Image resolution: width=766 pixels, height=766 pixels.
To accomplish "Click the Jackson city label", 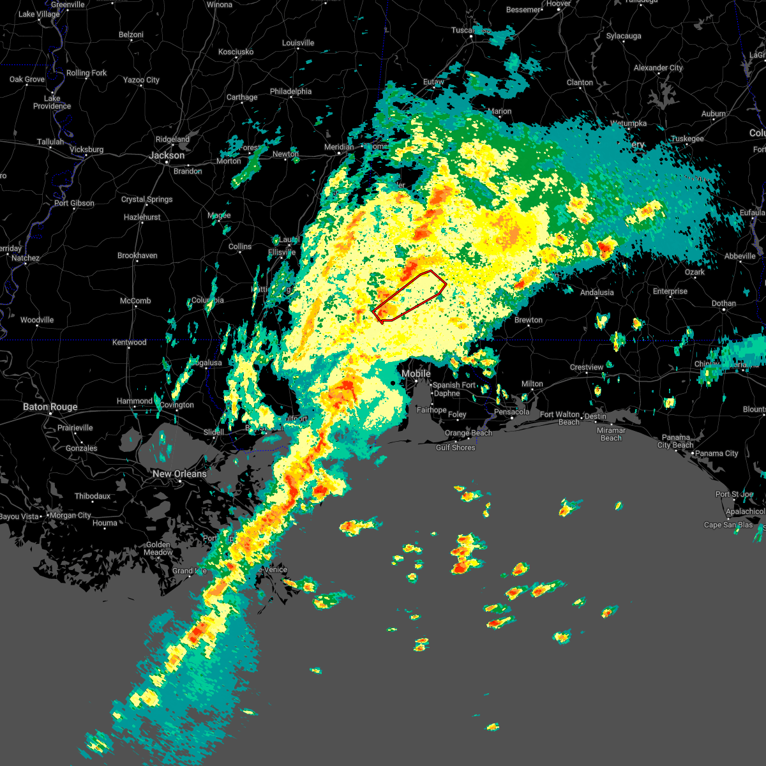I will tap(167, 156).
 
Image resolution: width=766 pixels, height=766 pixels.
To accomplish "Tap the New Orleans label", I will tap(179, 474).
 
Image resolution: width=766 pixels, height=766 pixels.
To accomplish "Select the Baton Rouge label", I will tap(50, 407).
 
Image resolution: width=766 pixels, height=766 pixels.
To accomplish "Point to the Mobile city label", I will tap(416, 373).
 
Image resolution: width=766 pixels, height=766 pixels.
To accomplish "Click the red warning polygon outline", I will tap(409, 295).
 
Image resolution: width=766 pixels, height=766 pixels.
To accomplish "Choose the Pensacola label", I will tap(511, 412).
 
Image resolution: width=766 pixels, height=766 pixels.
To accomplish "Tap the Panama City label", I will tap(717, 453).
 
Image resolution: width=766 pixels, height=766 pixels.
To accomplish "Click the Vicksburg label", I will tap(86, 149).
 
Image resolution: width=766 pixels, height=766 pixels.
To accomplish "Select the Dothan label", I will tap(724, 303).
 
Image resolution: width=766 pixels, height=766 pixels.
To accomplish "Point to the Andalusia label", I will tap(597, 292).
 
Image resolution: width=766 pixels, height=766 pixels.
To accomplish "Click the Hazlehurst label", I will tap(142, 217).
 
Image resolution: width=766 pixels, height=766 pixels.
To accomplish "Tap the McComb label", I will tap(135, 301).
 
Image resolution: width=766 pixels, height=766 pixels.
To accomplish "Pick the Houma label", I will tap(105, 523).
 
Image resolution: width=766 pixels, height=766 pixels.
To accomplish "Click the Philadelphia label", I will tap(290, 91).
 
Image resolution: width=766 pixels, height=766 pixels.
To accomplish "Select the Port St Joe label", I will tap(734, 494).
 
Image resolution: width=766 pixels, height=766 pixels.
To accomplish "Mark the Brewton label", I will tap(529, 320).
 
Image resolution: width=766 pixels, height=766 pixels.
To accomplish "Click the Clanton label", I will tap(580, 82).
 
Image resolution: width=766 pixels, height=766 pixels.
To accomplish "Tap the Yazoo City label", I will tap(141, 80).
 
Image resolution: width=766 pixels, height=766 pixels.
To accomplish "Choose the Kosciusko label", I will tap(236, 52).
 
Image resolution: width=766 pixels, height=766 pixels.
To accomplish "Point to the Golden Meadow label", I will tap(158, 548).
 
